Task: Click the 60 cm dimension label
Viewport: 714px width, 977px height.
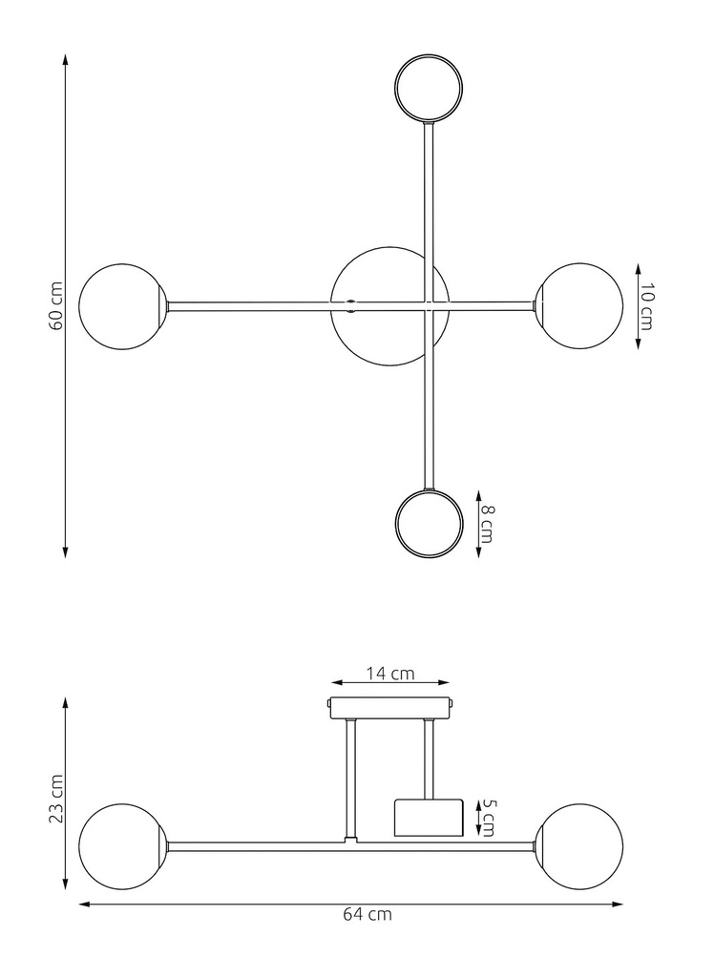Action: pos(55,306)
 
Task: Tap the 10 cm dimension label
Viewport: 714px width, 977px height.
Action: pos(646,306)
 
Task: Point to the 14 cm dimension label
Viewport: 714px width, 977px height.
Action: pos(389,673)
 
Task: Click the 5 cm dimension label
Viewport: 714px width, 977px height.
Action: pos(487,818)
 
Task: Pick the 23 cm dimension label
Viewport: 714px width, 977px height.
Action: pos(55,798)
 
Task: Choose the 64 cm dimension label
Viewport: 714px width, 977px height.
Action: pos(367,914)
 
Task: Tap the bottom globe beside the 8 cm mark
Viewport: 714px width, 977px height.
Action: pos(429,524)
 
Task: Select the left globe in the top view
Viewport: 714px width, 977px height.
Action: pos(121,307)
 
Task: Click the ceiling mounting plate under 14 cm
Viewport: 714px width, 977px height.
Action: pos(389,708)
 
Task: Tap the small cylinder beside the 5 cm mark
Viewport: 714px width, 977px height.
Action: pos(429,818)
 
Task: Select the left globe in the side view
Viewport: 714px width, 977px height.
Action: pos(121,846)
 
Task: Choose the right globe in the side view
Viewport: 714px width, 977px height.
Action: pos(578,846)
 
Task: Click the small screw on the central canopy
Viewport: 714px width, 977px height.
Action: pos(351,306)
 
